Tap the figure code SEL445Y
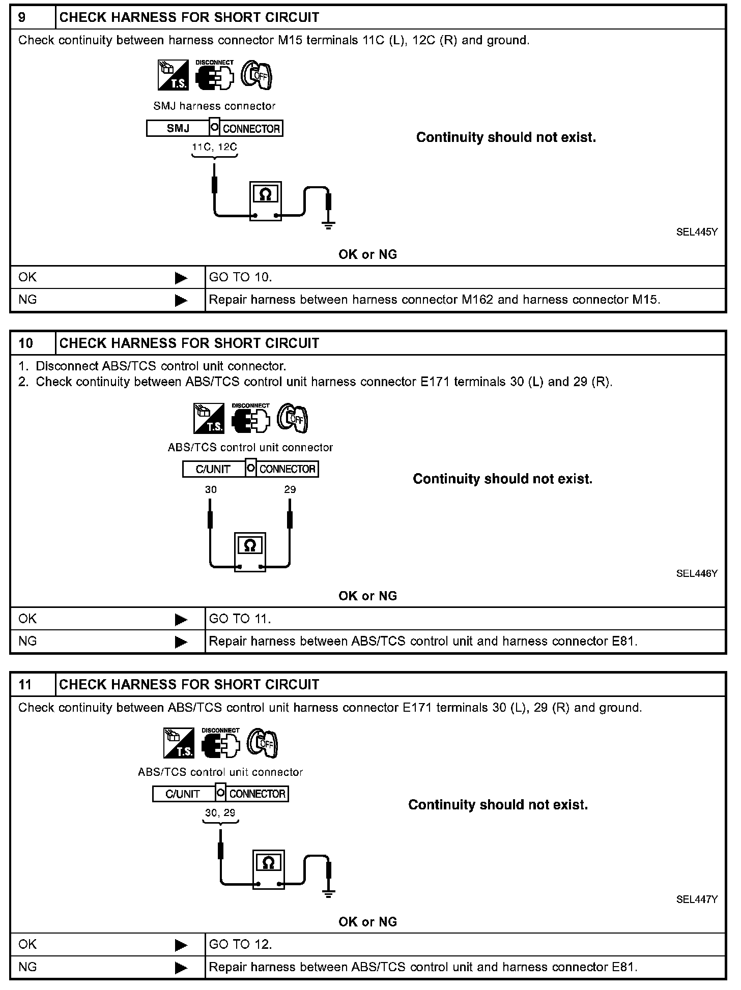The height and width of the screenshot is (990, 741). [697, 232]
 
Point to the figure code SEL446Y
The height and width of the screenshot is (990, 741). [697, 573]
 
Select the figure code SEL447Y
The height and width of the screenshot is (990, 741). [697, 899]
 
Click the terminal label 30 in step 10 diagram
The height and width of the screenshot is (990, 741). [211, 489]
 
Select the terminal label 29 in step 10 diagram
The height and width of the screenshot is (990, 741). [290, 489]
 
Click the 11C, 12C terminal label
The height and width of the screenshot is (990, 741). [214, 147]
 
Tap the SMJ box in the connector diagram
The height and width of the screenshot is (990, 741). [178, 128]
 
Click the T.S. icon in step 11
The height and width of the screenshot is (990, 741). [179, 743]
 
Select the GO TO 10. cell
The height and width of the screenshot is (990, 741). [241, 277]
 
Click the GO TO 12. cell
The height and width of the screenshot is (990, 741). [241, 944]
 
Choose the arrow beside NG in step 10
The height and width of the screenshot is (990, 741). [181, 642]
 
